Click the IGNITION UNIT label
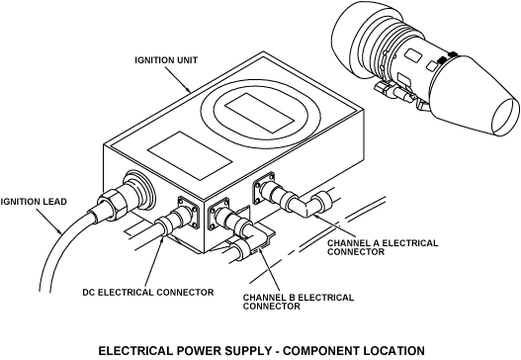(x=166, y=60)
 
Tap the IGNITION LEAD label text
(x=34, y=202)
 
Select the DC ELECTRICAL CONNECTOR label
(x=148, y=292)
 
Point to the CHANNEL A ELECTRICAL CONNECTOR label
(x=383, y=247)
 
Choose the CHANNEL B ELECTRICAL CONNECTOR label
(x=298, y=302)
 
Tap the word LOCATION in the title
(x=393, y=351)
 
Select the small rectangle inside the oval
(x=259, y=113)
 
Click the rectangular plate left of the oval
(x=190, y=155)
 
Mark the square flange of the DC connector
(x=189, y=212)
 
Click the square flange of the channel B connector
(x=218, y=214)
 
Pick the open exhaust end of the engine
(x=505, y=118)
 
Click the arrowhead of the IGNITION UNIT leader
(x=189, y=90)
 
